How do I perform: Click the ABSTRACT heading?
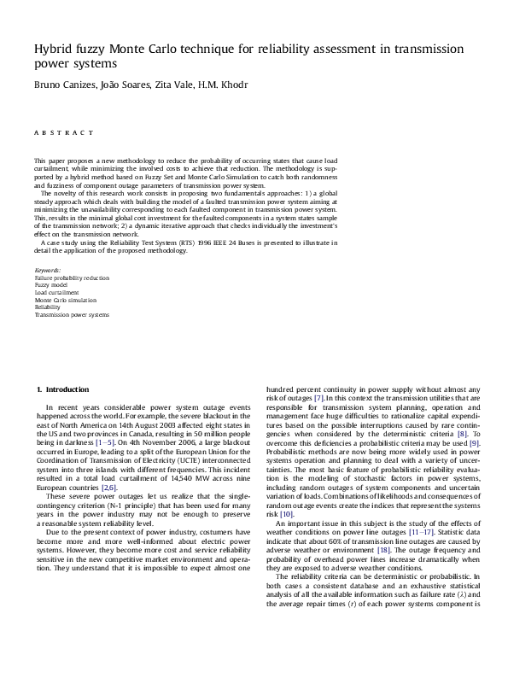[64, 133]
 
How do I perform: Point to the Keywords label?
[47, 271]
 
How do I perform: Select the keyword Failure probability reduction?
[72, 278]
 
